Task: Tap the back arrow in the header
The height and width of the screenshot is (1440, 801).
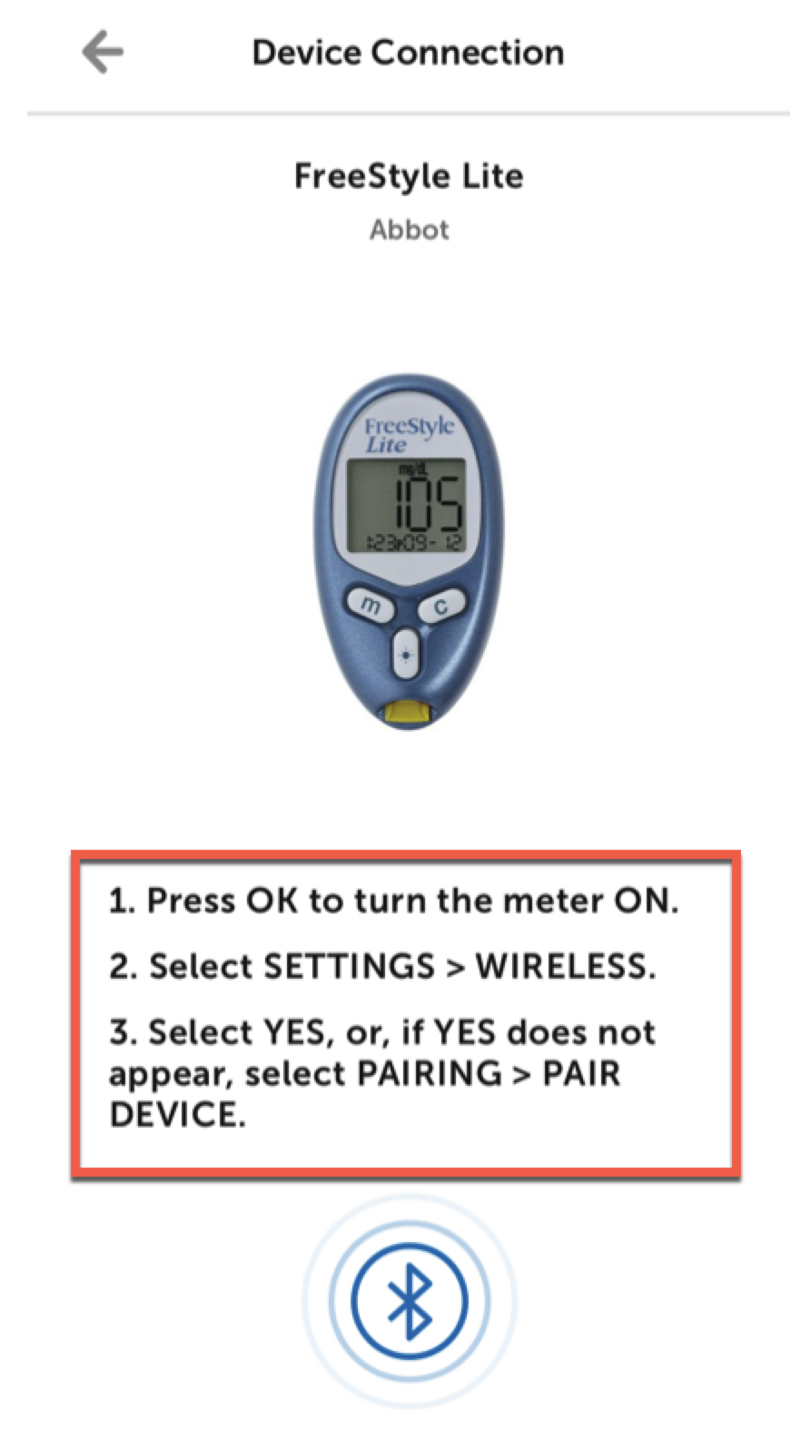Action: [103, 52]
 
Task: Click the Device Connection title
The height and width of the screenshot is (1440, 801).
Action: [408, 53]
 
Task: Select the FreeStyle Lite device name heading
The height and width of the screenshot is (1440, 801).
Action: [409, 176]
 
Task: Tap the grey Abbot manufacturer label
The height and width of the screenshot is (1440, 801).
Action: [410, 230]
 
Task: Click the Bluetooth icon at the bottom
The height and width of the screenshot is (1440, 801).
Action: [410, 1300]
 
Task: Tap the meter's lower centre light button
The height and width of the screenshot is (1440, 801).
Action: [406, 654]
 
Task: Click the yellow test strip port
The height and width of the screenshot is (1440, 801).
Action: [408, 713]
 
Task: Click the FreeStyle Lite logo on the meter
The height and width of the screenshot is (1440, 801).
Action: [408, 435]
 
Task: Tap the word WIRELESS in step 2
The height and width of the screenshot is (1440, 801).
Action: [566, 966]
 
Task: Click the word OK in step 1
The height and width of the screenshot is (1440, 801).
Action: [272, 901]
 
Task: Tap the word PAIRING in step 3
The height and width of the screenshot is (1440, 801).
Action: [430, 1073]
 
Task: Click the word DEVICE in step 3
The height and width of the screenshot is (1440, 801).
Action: [177, 1114]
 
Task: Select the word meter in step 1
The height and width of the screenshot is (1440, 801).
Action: [552, 901]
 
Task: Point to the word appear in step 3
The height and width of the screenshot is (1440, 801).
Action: [172, 1076]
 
